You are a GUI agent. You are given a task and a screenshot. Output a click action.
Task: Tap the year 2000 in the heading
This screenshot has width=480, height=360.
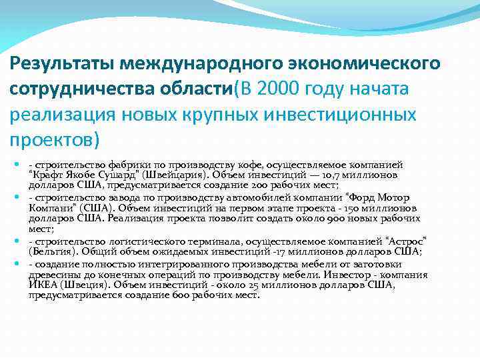pos(275,89)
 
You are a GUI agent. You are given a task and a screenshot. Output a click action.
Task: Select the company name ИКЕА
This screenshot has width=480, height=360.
pos(42,283)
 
